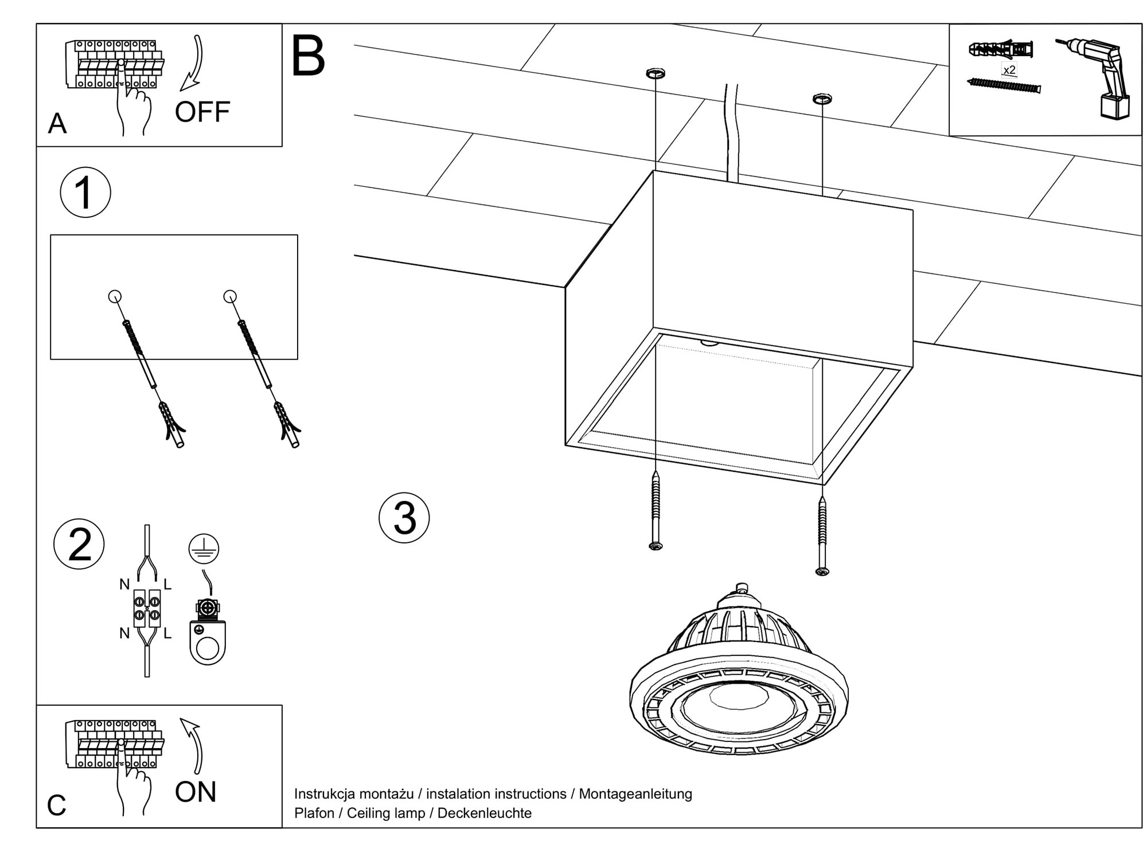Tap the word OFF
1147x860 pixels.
[202, 112]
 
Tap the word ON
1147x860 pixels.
[196, 792]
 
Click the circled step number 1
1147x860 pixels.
[85, 193]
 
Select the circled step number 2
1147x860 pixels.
[79, 544]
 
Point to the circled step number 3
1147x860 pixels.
[404, 518]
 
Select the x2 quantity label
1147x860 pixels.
[1009, 70]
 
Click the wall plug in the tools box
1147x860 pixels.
[1001, 49]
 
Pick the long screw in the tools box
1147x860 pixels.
[1004, 87]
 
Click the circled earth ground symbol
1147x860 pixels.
[204, 549]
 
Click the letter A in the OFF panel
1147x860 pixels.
[57, 124]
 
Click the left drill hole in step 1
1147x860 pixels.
[115, 296]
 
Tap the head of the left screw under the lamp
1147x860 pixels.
[656, 546]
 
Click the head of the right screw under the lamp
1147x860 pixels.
[822, 571]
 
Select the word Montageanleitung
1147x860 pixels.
[635, 794]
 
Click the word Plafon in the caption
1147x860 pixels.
[314, 813]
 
